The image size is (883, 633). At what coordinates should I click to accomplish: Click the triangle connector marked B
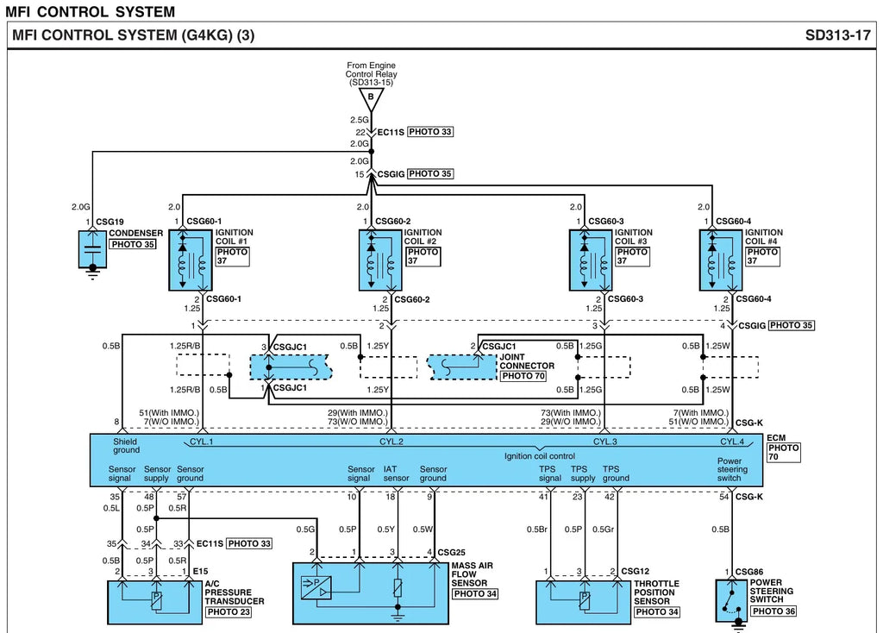[x=371, y=98]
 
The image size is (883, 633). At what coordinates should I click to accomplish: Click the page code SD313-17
[x=837, y=35]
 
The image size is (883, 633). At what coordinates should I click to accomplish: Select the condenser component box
[x=93, y=248]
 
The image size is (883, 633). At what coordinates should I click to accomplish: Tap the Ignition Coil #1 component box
[x=191, y=260]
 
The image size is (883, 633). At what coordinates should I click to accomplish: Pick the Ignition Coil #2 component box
[x=380, y=260]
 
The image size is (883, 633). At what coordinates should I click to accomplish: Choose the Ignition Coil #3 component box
[x=591, y=260]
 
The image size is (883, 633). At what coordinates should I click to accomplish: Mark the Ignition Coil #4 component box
[x=721, y=260]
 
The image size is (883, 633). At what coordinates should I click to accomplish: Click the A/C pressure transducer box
[x=155, y=603]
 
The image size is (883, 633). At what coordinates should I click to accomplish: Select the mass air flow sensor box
[x=371, y=593]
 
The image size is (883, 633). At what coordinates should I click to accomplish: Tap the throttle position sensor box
[x=584, y=603]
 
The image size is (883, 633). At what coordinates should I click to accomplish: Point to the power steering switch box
[x=731, y=600]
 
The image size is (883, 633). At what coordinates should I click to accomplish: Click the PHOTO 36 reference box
[x=773, y=611]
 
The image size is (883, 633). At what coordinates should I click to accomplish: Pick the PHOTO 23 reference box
[x=228, y=612]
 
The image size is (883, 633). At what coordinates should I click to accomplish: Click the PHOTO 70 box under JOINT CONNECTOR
[x=523, y=376]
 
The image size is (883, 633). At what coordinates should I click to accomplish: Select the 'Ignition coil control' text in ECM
[x=540, y=456]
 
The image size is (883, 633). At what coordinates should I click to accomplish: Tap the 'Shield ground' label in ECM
[x=126, y=446]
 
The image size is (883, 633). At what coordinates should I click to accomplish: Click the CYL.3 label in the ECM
[x=604, y=442]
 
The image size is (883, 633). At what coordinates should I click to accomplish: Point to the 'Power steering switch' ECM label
[x=732, y=469]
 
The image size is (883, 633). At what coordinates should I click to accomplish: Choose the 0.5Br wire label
[x=536, y=530]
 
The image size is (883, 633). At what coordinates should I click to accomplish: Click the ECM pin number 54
[x=723, y=497]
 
